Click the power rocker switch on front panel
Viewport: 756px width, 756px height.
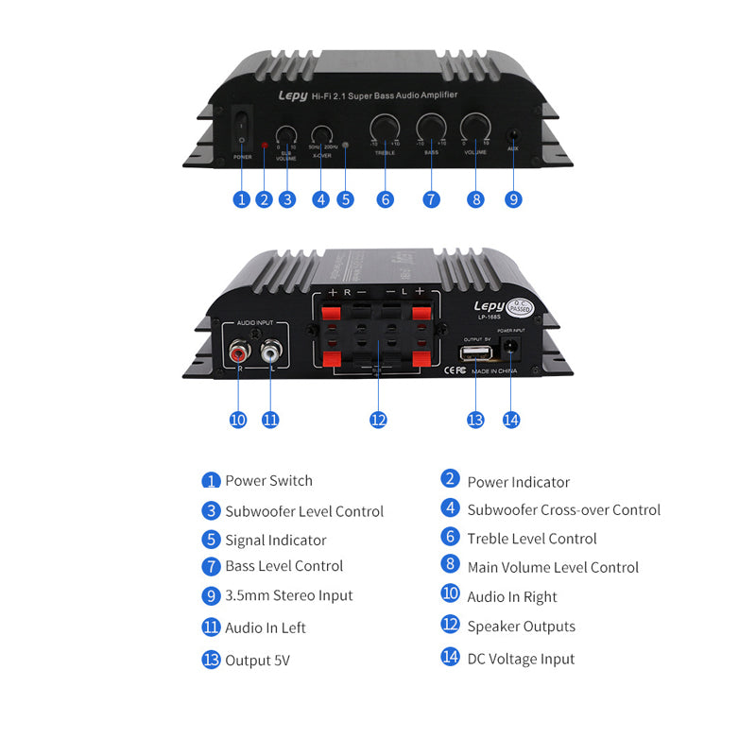click(x=242, y=130)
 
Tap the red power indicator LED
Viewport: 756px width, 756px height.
click(x=265, y=147)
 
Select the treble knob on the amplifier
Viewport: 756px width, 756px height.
click(x=384, y=129)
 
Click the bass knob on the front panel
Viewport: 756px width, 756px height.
click(x=431, y=129)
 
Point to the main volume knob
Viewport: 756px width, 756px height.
click(x=475, y=129)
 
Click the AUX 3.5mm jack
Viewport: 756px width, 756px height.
click(x=513, y=137)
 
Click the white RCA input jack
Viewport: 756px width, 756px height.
click(x=270, y=353)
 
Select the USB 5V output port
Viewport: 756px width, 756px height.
click(x=474, y=352)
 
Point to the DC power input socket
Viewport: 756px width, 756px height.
click(x=511, y=350)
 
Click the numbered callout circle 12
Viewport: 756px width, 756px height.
click(x=378, y=420)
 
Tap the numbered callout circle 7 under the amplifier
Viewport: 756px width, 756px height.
click(x=431, y=199)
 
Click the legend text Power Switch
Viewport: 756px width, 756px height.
click(x=268, y=481)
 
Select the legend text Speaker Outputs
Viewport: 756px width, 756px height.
click(x=521, y=627)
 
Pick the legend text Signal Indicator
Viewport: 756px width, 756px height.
click(x=275, y=541)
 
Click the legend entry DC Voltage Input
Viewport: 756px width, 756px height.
click(x=521, y=659)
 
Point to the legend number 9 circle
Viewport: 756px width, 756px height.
click(x=211, y=596)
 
